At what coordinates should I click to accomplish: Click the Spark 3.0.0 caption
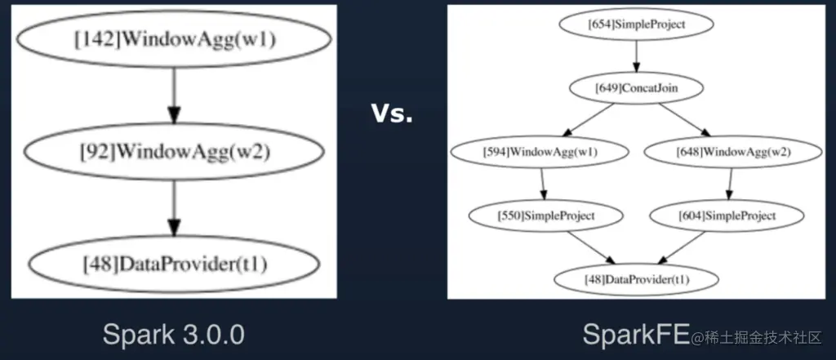click(x=173, y=334)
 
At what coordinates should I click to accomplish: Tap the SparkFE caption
click(x=636, y=333)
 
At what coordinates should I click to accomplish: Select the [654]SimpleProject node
click(x=636, y=25)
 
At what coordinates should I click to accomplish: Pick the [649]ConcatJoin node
click(x=636, y=87)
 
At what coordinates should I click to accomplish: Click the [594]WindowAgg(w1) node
click(x=540, y=151)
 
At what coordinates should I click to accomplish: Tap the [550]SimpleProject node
click(x=546, y=216)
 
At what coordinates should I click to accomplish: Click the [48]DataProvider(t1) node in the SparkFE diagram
click(x=636, y=279)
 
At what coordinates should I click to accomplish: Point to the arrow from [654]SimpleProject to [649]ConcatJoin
click(x=636, y=56)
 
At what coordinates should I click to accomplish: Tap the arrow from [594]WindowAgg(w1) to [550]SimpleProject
click(x=544, y=184)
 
